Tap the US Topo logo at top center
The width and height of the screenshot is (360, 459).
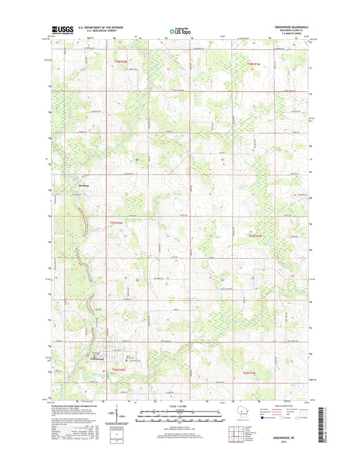[180, 30]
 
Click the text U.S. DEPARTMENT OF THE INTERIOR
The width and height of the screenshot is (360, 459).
[101, 26]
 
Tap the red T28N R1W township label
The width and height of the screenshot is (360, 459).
[253, 64]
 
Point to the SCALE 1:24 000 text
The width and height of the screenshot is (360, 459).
[180, 406]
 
